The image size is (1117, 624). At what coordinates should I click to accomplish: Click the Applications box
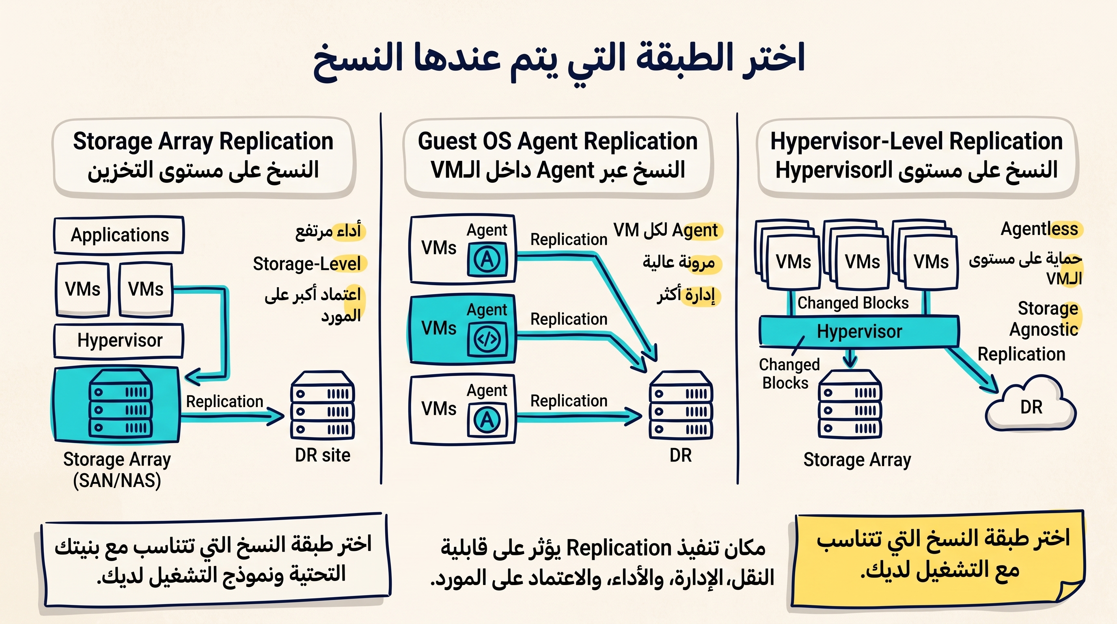click(x=119, y=235)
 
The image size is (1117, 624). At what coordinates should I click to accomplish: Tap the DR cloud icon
click(x=1030, y=403)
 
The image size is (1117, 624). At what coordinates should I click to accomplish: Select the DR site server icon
click(x=323, y=405)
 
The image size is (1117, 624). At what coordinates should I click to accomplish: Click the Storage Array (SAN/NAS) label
click(x=117, y=470)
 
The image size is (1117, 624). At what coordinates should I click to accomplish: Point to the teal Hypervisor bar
click(x=859, y=331)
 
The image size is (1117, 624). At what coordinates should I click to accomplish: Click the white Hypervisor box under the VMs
click(x=119, y=340)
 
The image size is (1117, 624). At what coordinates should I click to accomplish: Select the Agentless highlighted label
click(x=1039, y=229)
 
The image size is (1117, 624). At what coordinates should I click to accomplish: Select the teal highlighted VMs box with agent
click(x=462, y=329)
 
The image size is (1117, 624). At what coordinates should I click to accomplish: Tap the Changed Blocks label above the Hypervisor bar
click(x=853, y=303)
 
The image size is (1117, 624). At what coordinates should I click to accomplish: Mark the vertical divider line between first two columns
click(x=381, y=299)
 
